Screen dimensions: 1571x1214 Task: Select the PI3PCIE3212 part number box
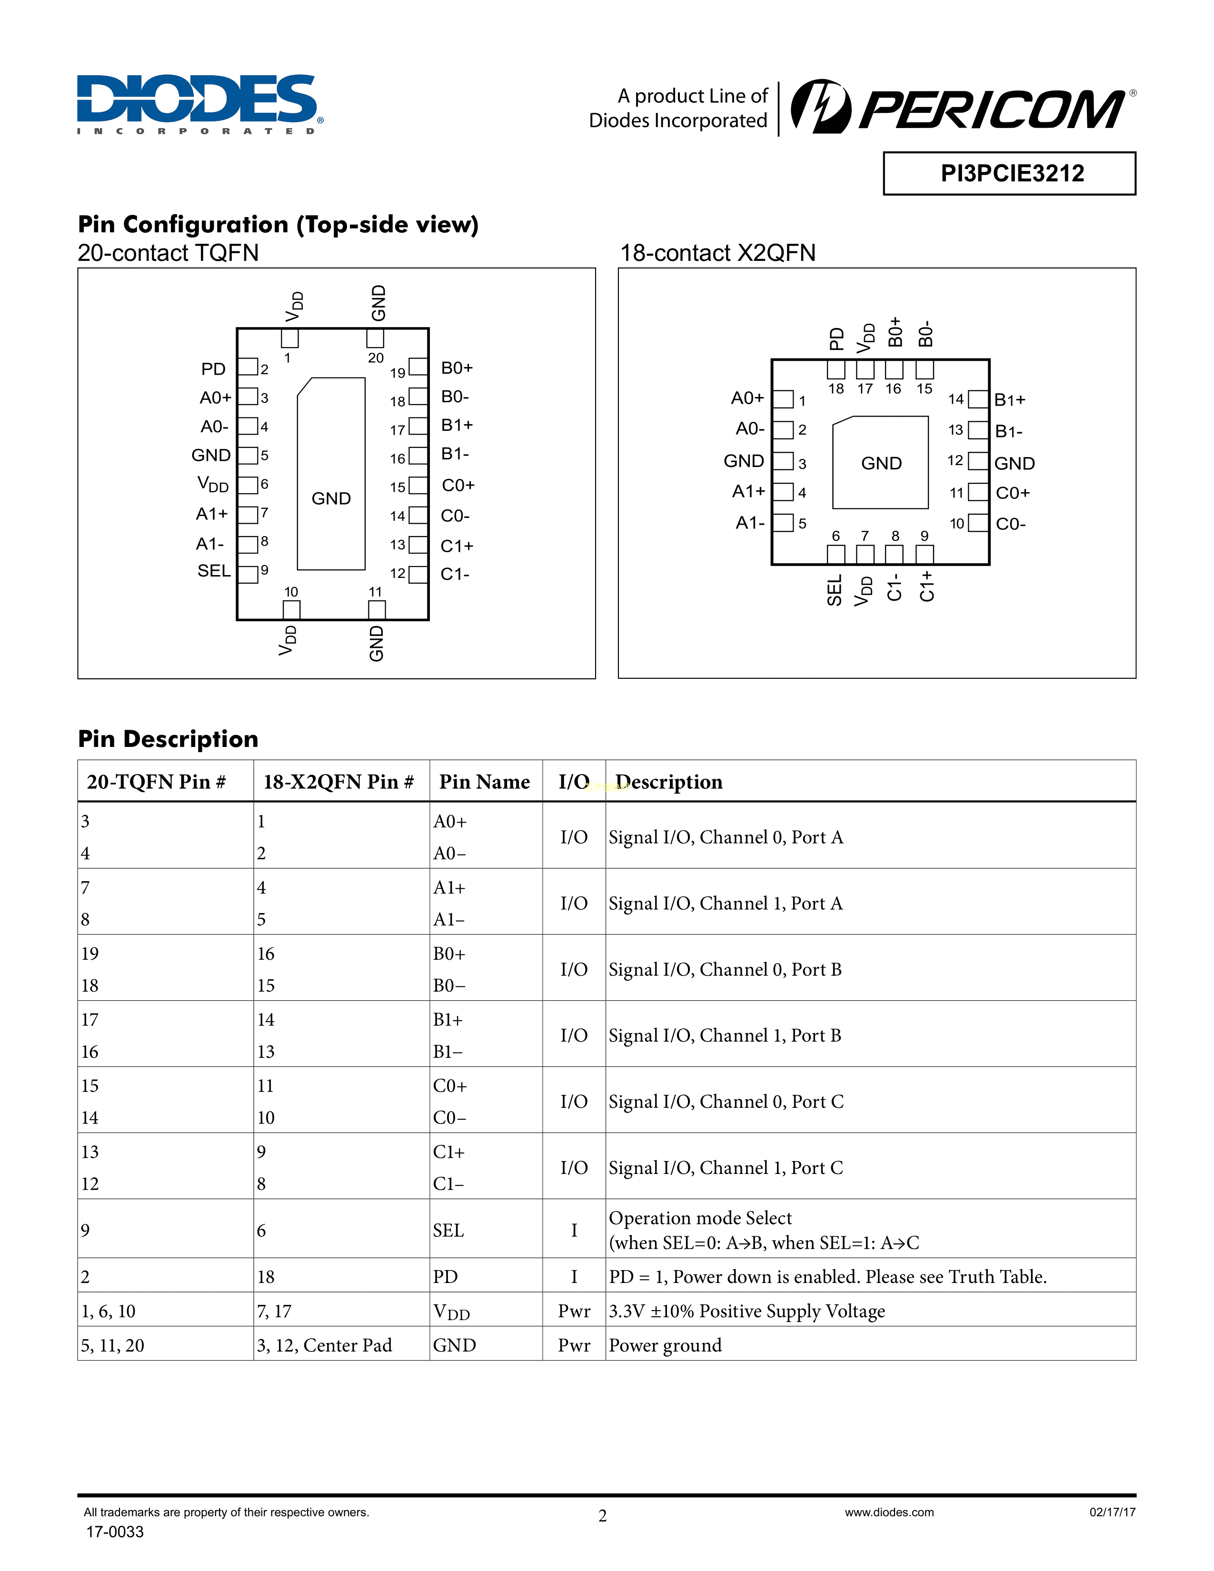click(x=1009, y=173)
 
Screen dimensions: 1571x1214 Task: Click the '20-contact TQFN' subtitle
click(x=168, y=253)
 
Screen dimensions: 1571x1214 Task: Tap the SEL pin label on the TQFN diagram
click(x=214, y=571)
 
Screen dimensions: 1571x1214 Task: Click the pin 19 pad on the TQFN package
click(x=418, y=367)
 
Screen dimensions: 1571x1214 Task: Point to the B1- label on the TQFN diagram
click(x=455, y=454)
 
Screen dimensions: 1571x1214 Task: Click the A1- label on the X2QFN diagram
click(x=749, y=523)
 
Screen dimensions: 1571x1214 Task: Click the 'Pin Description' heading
click(x=168, y=739)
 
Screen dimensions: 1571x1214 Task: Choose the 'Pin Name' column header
click(x=484, y=782)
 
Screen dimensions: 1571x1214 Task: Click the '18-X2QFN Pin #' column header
click(x=338, y=782)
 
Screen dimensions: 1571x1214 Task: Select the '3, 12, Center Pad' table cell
click(x=324, y=1345)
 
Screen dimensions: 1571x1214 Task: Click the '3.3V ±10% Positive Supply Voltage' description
click(x=746, y=1312)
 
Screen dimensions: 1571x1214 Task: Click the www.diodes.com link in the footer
click(x=889, y=1512)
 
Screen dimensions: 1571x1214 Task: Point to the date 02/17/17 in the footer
click(x=1112, y=1512)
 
